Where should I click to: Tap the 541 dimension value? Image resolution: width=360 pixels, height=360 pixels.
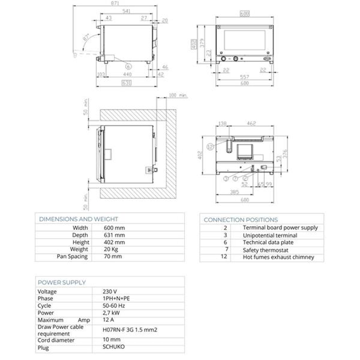(127, 11)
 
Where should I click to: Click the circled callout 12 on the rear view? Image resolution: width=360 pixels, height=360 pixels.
(211, 146)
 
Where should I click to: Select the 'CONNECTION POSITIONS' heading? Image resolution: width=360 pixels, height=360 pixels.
(241, 220)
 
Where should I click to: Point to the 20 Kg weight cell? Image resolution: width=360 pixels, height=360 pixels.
(112, 249)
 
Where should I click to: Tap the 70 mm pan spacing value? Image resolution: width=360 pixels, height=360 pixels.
(113, 257)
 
